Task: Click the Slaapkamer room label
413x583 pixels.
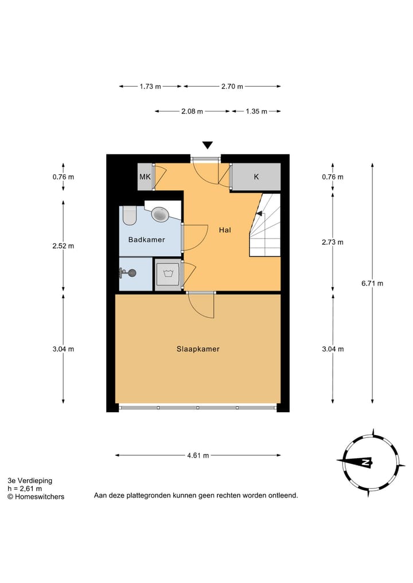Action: [198, 349]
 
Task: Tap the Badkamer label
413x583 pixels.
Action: [147, 240]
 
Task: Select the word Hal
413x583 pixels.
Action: [225, 230]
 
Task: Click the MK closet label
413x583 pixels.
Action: [145, 177]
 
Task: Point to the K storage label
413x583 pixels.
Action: [256, 177]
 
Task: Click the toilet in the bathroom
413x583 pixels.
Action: [130, 216]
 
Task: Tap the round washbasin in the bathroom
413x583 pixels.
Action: [161, 214]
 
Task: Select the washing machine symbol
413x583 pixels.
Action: [168, 275]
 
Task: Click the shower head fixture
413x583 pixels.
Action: [128, 273]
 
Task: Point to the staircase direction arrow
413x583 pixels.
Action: [259, 213]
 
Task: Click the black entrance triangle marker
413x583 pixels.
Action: [207, 146]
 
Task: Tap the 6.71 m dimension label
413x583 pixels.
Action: [372, 283]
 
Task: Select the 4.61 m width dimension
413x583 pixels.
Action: [198, 455]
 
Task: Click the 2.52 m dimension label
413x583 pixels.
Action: [63, 246]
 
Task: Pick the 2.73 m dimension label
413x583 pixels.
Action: [333, 242]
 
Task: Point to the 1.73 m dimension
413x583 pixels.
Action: [150, 86]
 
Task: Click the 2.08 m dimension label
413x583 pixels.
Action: [192, 111]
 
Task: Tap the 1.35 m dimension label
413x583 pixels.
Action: [256, 111]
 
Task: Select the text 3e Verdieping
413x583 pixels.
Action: [30, 480]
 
